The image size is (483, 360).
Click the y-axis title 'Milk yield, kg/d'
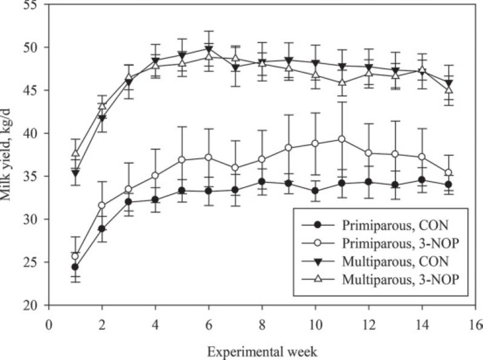[x=8, y=155]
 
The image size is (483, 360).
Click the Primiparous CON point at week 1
[x=75, y=266]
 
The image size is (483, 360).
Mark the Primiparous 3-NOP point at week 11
[x=342, y=139]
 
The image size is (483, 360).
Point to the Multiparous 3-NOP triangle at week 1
[x=75, y=154]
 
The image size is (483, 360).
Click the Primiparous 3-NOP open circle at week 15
[x=448, y=173]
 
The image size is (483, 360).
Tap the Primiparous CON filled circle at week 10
[x=315, y=191]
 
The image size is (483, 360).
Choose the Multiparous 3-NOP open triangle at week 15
[x=448, y=89]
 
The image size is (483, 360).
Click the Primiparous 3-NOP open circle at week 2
[x=102, y=205]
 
